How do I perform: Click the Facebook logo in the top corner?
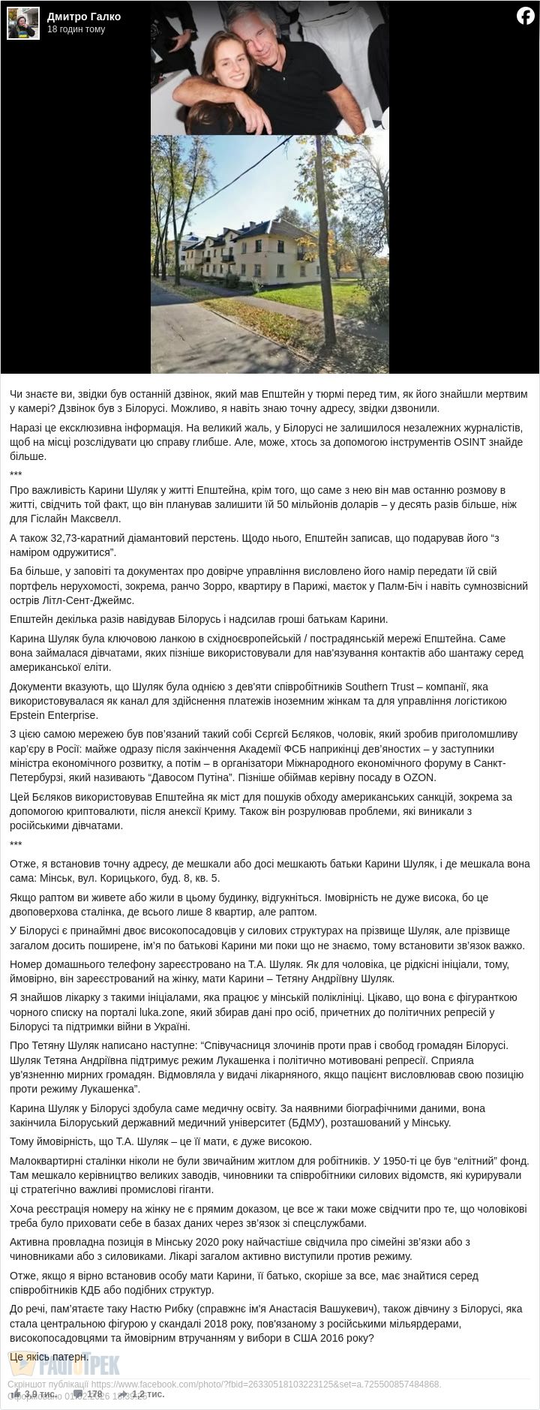(525, 15)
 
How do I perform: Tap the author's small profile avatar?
(22, 23)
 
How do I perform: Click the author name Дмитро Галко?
(83, 17)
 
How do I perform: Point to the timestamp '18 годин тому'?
(76, 29)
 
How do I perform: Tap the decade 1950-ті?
(398, 1160)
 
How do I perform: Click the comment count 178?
(94, 1393)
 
